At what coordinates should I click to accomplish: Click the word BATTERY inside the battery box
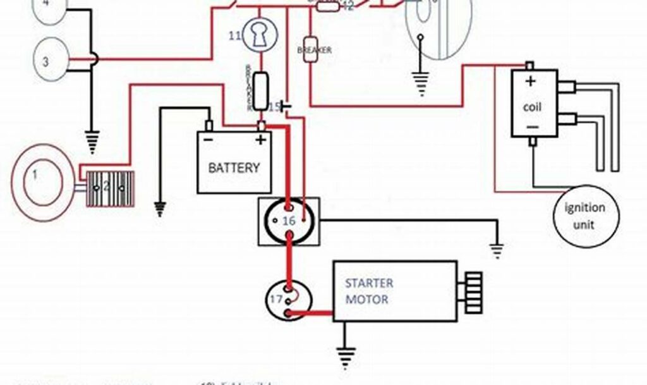coord(234,168)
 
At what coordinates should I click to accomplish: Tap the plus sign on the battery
coord(259,140)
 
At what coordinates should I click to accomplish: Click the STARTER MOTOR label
coord(369,291)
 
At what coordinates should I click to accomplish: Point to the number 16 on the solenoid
coord(289,221)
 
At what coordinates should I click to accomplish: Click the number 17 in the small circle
coord(276,299)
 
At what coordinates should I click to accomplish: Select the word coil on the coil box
coord(533,107)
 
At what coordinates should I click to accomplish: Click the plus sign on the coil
coord(531,81)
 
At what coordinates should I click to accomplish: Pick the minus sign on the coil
coord(532,127)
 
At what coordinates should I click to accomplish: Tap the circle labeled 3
coord(50,61)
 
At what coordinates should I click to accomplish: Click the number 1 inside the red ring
coord(36,173)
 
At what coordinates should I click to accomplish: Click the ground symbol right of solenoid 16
coord(498,251)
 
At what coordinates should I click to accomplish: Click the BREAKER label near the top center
coord(314,50)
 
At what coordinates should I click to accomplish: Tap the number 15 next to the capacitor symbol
coord(274,106)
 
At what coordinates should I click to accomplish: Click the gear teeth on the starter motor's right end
coord(473,291)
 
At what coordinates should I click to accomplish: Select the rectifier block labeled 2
coord(111,188)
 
